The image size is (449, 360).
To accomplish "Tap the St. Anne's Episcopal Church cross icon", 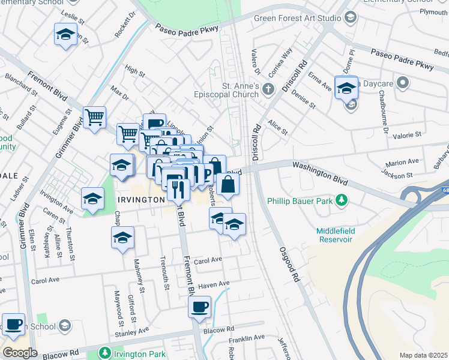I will click(x=268, y=89).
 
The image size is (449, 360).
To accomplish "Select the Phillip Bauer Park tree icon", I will click(x=342, y=199).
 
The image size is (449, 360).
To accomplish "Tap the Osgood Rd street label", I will click(x=288, y=263).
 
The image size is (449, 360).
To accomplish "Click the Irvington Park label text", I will click(x=140, y=353).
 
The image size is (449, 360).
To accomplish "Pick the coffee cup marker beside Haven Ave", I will click(x=199, y=307).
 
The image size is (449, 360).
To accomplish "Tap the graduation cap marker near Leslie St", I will click(x=65, y=33).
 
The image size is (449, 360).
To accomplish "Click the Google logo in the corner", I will click(x=20, y=353).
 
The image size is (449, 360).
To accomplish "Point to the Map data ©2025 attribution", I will click(x=423, y=355).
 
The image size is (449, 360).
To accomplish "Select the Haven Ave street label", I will click(x=214, y=284).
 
